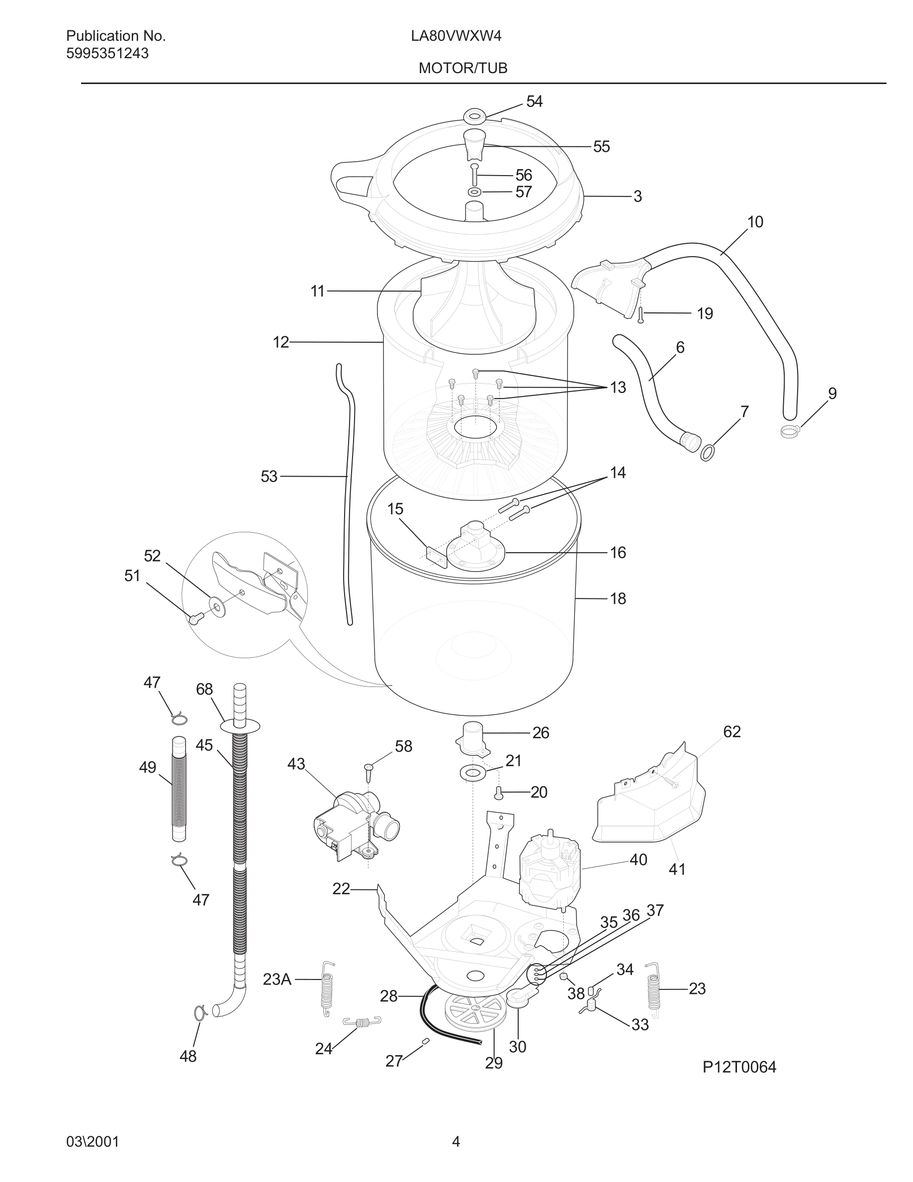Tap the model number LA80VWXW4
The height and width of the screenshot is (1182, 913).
456,36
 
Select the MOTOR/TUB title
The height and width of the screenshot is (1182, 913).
463,68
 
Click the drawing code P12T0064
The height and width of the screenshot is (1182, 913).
739,1067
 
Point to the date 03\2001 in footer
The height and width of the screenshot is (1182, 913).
92,1142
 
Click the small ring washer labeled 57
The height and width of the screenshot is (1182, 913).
474,192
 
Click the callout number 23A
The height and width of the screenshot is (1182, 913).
277,979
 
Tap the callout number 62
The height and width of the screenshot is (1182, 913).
731,731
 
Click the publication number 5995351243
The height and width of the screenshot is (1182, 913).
107,53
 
